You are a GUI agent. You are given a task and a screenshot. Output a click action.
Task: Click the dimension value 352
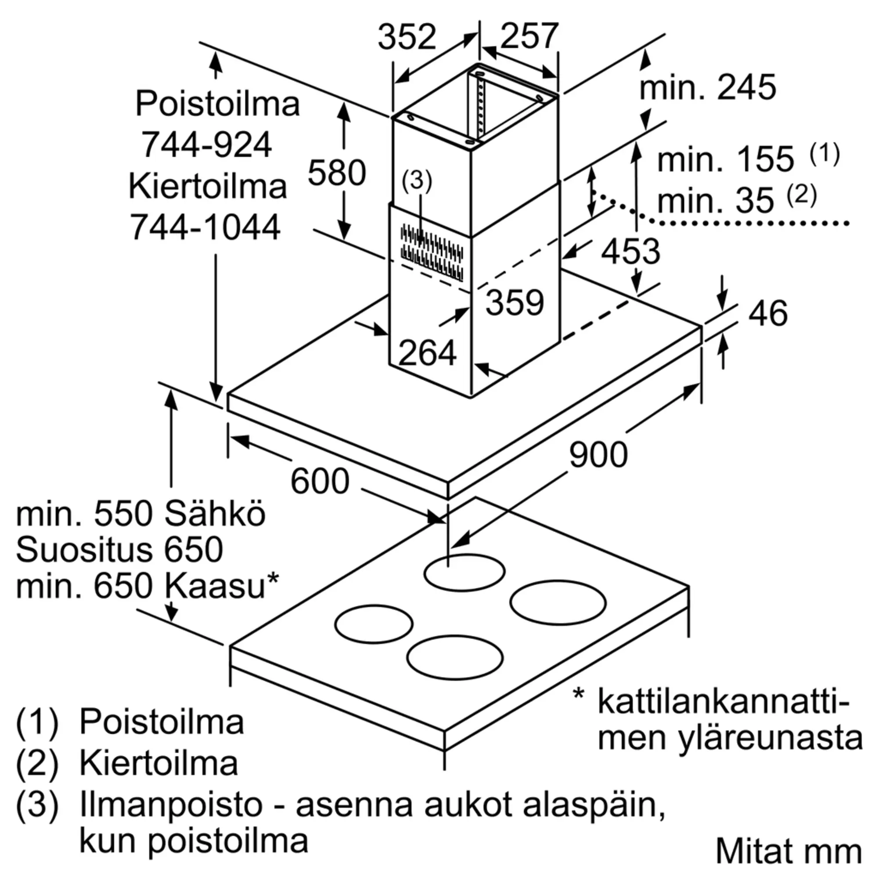tap(407, 37)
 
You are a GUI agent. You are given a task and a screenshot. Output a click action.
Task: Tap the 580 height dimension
tap(337, 173)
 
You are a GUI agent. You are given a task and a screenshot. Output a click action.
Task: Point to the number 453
tap(630, 251)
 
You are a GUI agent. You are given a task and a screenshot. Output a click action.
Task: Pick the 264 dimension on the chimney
tap(427, 353)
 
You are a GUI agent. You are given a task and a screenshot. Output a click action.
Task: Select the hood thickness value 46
tap(767, 313)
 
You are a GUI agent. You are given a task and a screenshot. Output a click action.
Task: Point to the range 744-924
tap(207, 144)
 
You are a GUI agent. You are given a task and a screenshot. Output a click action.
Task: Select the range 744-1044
tap(205, 227)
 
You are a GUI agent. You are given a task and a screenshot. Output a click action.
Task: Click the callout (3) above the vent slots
tap(417, 181)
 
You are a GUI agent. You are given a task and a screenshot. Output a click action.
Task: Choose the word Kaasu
tap(215, 586)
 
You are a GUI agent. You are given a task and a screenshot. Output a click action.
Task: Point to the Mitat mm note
tap(789, 851)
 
